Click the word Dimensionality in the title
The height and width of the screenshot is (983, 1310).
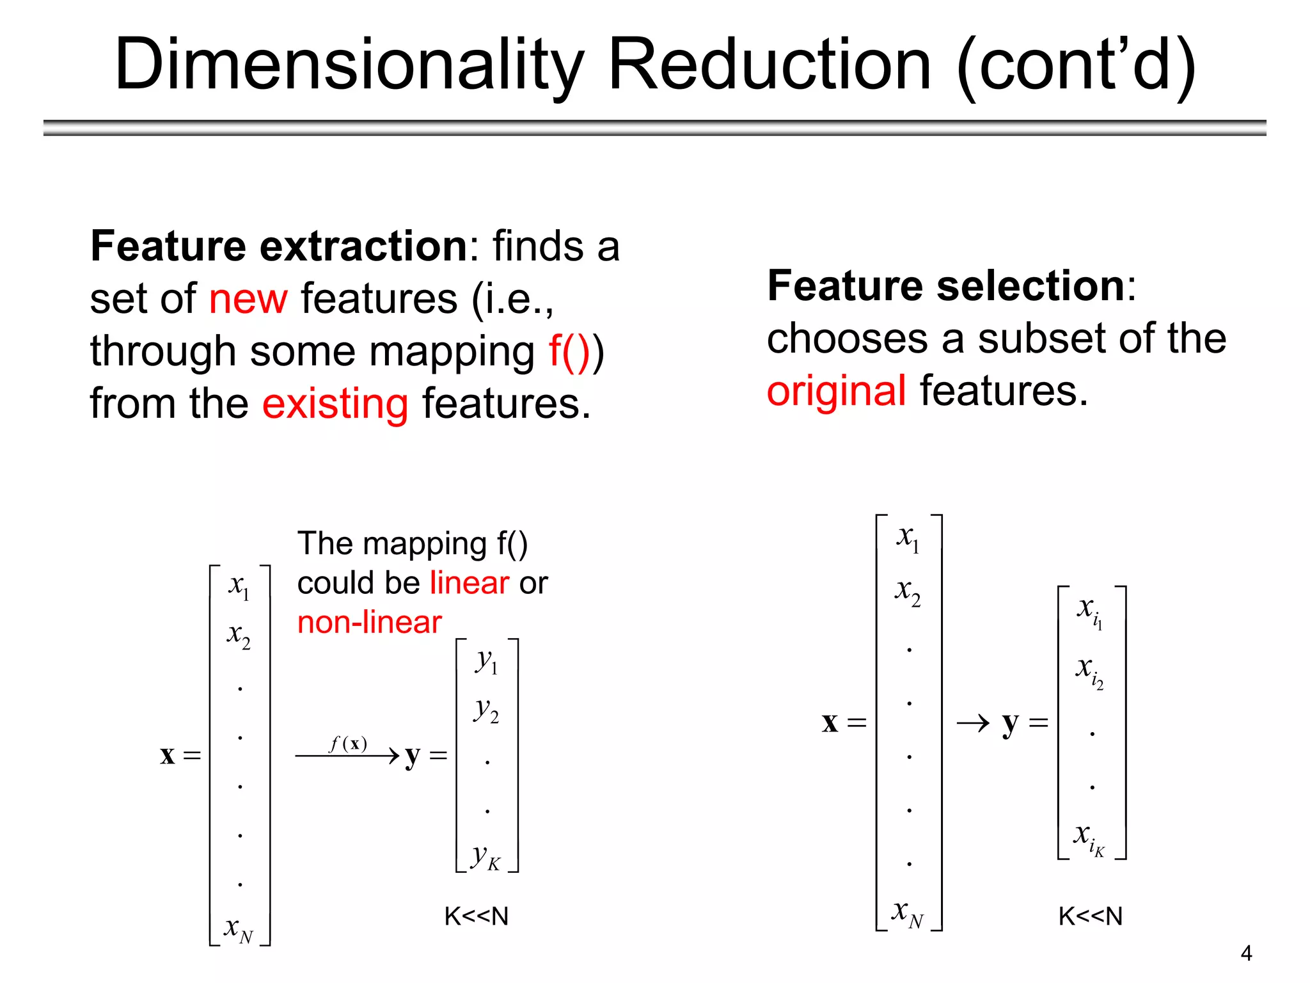click(349, 65)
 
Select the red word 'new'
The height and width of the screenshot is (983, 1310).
click(248, 299)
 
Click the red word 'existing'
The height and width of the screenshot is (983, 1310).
click(335, 404)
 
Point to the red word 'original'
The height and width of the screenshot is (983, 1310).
click(836, 391)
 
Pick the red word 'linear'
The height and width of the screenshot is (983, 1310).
click(470, 583)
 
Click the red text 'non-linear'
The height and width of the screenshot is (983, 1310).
click(370, 623)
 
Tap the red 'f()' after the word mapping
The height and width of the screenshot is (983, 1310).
click(569, 352)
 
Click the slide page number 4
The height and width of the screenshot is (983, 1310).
click(1246, 954)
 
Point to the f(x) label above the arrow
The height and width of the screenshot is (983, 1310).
click(349, 744)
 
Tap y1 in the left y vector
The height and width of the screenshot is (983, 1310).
click(487, 660)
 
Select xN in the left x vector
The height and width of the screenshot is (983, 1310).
click(239, 929)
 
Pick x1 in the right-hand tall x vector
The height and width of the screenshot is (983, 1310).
click(908, 538)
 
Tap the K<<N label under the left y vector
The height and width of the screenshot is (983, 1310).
click(477, 916)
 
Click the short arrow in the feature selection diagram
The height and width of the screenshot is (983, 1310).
click(973, 724)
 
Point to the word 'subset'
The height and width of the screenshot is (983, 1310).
click(1041, 339)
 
